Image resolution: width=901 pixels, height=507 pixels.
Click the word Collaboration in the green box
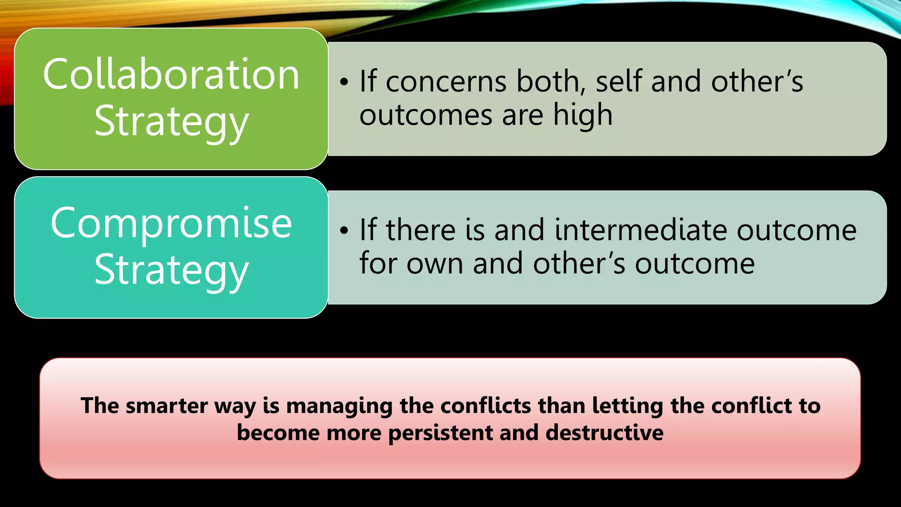[171, 75]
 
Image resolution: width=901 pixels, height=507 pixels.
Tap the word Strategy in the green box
[171, 122]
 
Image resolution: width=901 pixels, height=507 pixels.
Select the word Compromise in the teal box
[171, 224]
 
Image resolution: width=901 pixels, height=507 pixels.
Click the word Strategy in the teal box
[171, 270]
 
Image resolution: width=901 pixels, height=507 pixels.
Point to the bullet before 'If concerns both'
[344, 82]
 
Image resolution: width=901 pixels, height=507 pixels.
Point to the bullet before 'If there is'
[344, 231]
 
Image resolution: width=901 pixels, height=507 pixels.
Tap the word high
[582, 115]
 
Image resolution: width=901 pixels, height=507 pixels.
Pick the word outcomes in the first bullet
[425, 116]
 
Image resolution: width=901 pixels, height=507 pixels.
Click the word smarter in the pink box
[167, 406]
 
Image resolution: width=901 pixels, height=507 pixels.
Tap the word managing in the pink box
[339, 406]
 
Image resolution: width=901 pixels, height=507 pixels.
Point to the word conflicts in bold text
[486, 406]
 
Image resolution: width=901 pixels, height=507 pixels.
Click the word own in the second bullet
[435, 264]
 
